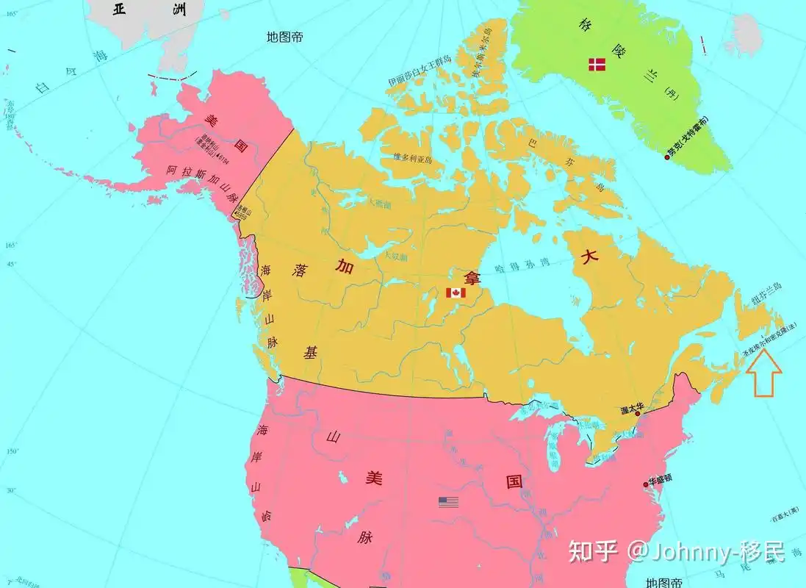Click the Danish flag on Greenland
pos(597,65)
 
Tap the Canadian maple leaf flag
pos(456,293)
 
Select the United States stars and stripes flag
pos(448,502)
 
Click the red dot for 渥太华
pos(638,414)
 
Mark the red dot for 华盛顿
pos(646,483)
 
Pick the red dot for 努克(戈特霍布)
pos(666,157)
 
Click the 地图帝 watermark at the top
pos(285,37)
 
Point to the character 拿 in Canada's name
pos(469,277)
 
